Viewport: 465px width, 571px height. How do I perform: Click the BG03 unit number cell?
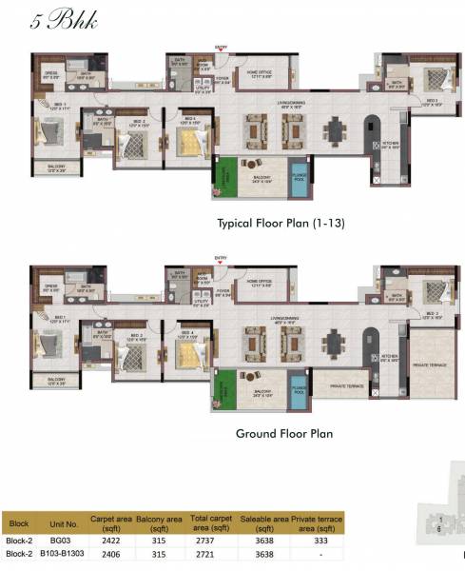click(63, 539)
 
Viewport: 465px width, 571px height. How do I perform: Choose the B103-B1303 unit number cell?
click(63, 553)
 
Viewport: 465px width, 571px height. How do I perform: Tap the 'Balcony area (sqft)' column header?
click(159, 522)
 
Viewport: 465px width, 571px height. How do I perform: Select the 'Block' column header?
click(19, 523)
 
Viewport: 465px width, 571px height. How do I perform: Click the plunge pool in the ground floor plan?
click(299, 392)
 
